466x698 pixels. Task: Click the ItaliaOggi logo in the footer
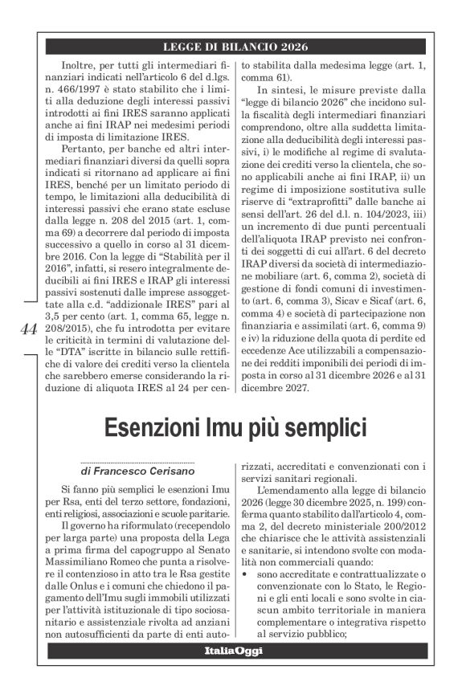(233, 651)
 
